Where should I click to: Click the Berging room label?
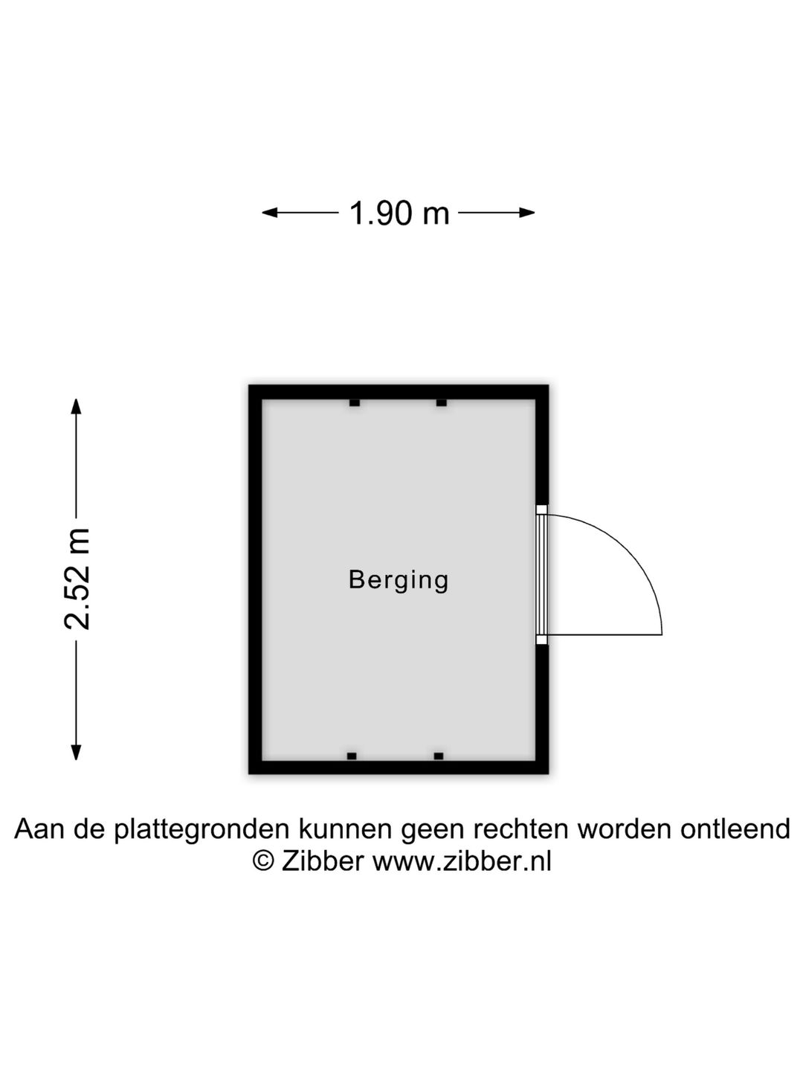point(398,581)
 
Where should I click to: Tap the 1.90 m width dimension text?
point(399,213)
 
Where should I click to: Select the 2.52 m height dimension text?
point(77,579)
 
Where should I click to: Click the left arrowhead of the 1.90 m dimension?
point(270,213)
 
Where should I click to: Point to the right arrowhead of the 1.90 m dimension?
point(527,213)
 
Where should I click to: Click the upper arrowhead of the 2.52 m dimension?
point(76,406)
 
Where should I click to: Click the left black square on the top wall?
point(355,403)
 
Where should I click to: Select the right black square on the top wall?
point(441,403)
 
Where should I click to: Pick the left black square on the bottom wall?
point(352,756)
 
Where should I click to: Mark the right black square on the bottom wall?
point(439,756)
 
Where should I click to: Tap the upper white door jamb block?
point(541,510)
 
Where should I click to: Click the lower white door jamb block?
point(541,640)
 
